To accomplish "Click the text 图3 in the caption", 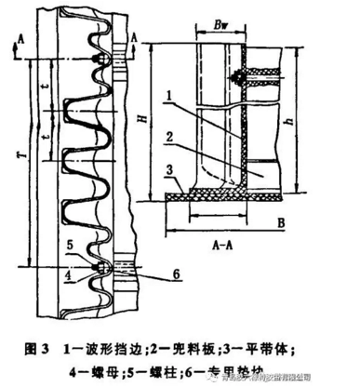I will [38, 350].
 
